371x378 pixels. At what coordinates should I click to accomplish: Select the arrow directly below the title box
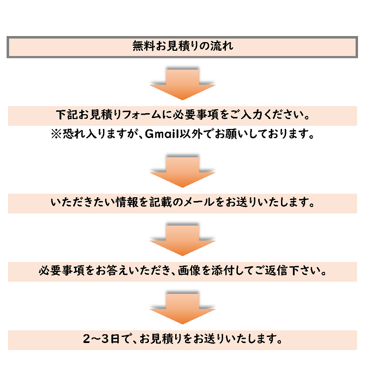pyautogui.click(x=182, y=84)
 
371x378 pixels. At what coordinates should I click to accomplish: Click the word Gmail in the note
pyautogui.click(x=162, y=134)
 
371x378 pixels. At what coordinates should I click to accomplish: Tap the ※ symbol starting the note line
pyautogui.click(x=56, y=134)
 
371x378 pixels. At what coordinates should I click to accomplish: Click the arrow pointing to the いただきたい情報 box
pyautogui.click(x=182, y=172)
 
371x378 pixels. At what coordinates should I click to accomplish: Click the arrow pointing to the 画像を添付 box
pyautogui.click(x=182, y=240)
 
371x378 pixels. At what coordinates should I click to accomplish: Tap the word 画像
pyautogui.click(x=189, y=270)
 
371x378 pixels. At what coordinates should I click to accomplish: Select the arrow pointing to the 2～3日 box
pyautogui.click(x=182, y=308)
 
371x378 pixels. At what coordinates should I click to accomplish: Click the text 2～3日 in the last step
pyautogui.click(x=101, y=339)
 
